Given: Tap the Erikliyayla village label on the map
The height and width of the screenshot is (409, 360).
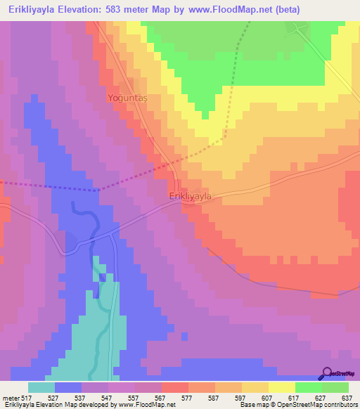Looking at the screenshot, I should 190,197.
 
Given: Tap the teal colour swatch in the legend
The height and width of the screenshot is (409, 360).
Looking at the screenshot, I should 41,387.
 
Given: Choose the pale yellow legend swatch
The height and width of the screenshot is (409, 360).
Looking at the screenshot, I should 282,387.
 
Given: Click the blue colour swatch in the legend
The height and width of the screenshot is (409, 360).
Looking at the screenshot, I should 68,387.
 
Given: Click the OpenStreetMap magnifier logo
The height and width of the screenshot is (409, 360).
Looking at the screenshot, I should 326,375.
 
